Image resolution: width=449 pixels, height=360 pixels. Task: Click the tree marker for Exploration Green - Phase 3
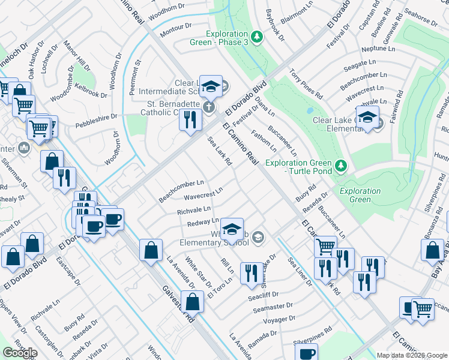(257, 37)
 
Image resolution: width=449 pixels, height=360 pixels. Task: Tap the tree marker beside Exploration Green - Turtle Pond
(341, 164)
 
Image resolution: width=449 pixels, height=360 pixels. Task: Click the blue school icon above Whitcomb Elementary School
(232, 230)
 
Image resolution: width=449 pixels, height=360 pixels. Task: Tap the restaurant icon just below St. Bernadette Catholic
(190, 121)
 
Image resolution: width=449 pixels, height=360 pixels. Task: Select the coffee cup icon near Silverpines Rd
(307, 354)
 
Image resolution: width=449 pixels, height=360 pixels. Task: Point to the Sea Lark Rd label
(220, 150)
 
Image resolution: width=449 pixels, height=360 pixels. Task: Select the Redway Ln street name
(202, 222)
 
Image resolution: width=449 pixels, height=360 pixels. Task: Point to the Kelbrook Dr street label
(91, 94)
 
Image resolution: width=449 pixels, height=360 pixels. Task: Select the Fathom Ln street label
(264, 140)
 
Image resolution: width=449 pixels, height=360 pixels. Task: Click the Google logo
(20, 353)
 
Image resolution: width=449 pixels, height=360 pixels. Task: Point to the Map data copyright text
(412, 355)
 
